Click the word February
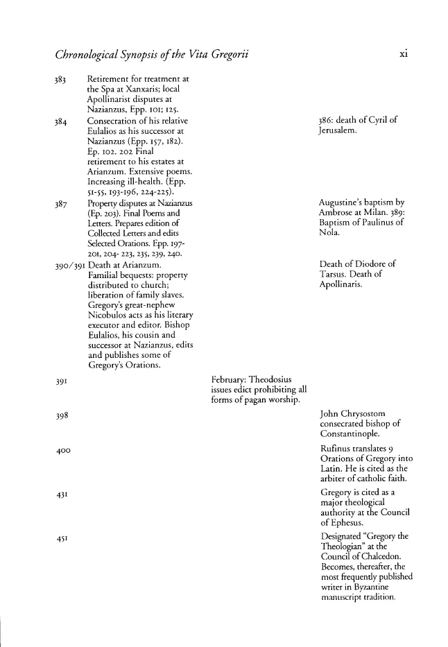click(x=230, y=380)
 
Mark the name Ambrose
click(x=340, y=213)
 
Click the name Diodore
click(x=374, y=264)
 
